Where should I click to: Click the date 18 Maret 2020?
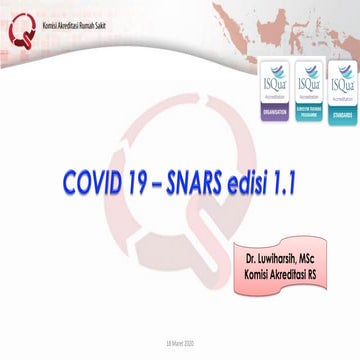(x=180, y=341)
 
